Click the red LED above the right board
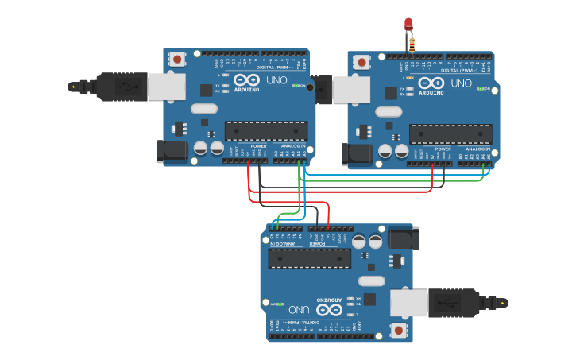pyautogui.click(x=408, y=25)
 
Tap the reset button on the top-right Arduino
pyautogui.click(x=362, y=61)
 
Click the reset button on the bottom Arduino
pyautogui.click(x=398, y=329)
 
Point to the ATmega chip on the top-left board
pyautogui.click(x=266, y=130)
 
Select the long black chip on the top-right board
pyautogui.click(x=450, y=134)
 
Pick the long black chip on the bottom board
pyautogui.click(x=310, y=257)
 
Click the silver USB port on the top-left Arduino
pyautogui.click(x=167, y=87)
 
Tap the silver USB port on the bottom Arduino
pyautogui.click(x=408, y=303)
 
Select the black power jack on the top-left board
pyautogui.click(x=172, y=150)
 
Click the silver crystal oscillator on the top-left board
pyautogui.click(x=204, y=109)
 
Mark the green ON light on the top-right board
pyautogui.click(x=484, y=90)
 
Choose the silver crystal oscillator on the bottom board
pyautogui.click(x=371, y=281)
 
